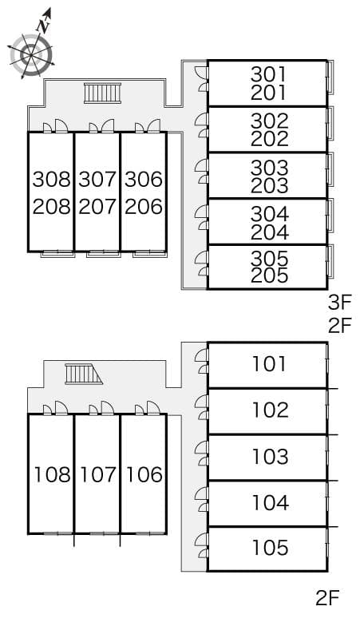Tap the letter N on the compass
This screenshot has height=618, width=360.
coord(45,25)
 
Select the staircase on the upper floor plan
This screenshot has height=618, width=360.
coord(101,93)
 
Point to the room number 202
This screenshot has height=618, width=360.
coord(268,139)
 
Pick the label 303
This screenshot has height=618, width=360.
coord(268,168)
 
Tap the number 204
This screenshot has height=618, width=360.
coord(268,232)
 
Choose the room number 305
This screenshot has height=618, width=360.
coord(268,259)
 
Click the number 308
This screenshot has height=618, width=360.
coord(52,179)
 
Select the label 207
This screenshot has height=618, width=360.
coord(97,206)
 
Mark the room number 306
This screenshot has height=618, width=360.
coord(144,179)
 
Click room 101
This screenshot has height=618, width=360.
coord(269,365)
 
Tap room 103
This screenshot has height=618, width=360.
coord(269,457)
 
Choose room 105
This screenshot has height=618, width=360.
coord(269,549)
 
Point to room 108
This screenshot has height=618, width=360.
coord(52,475)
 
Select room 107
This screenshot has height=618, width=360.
coord(97,475)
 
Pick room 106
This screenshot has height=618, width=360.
coord(144,475)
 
